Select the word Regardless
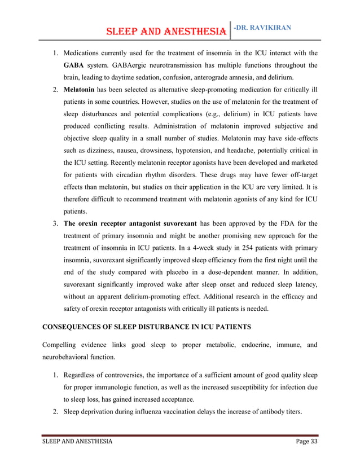[82, 375]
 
